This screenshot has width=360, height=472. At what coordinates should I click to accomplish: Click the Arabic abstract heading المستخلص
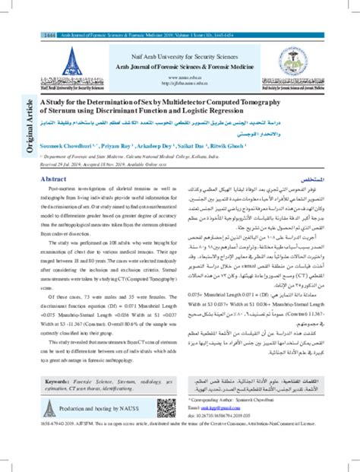tap(314, 178)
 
